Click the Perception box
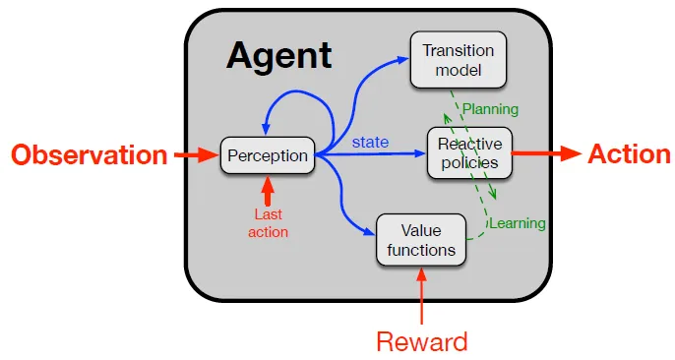coord(268,154)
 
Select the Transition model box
coord(458,59)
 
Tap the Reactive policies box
coord(469,152)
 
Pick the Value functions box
coord(421,240)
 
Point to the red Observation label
coord(89,154)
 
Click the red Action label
coord(629,154)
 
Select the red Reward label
coord(421,341)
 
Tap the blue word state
coord(371,143)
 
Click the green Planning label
coord(490,109)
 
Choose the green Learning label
coord(518,223)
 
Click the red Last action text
coord(268,223)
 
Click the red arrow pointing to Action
coord(547,154)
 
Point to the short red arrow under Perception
coord(268,190)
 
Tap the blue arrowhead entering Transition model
coord(402,58)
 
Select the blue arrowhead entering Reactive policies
coord(420,154)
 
